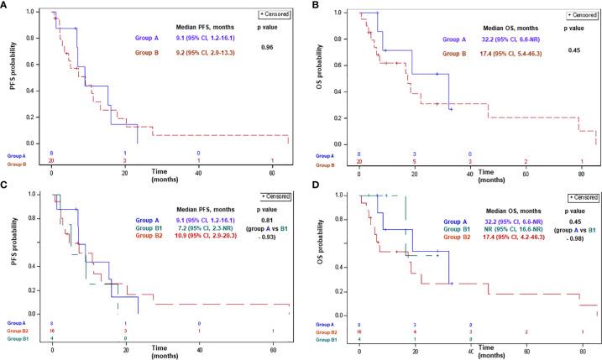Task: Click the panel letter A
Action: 6,6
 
